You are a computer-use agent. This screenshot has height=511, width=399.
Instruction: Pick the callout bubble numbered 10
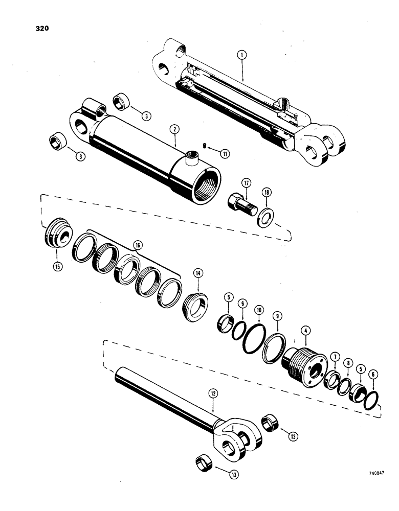[259, 310]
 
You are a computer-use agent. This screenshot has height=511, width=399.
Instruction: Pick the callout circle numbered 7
[334, 356]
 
